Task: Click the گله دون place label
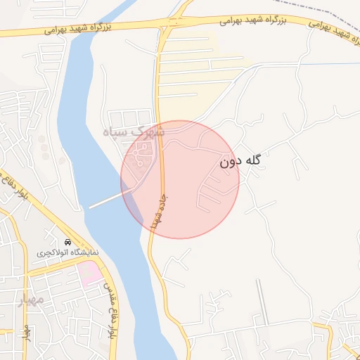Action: point(240,161)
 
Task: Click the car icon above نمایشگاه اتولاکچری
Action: point(67,241)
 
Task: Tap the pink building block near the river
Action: point(90,273)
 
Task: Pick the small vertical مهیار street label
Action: point(27,330)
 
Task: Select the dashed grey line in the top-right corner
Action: point(330,10)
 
